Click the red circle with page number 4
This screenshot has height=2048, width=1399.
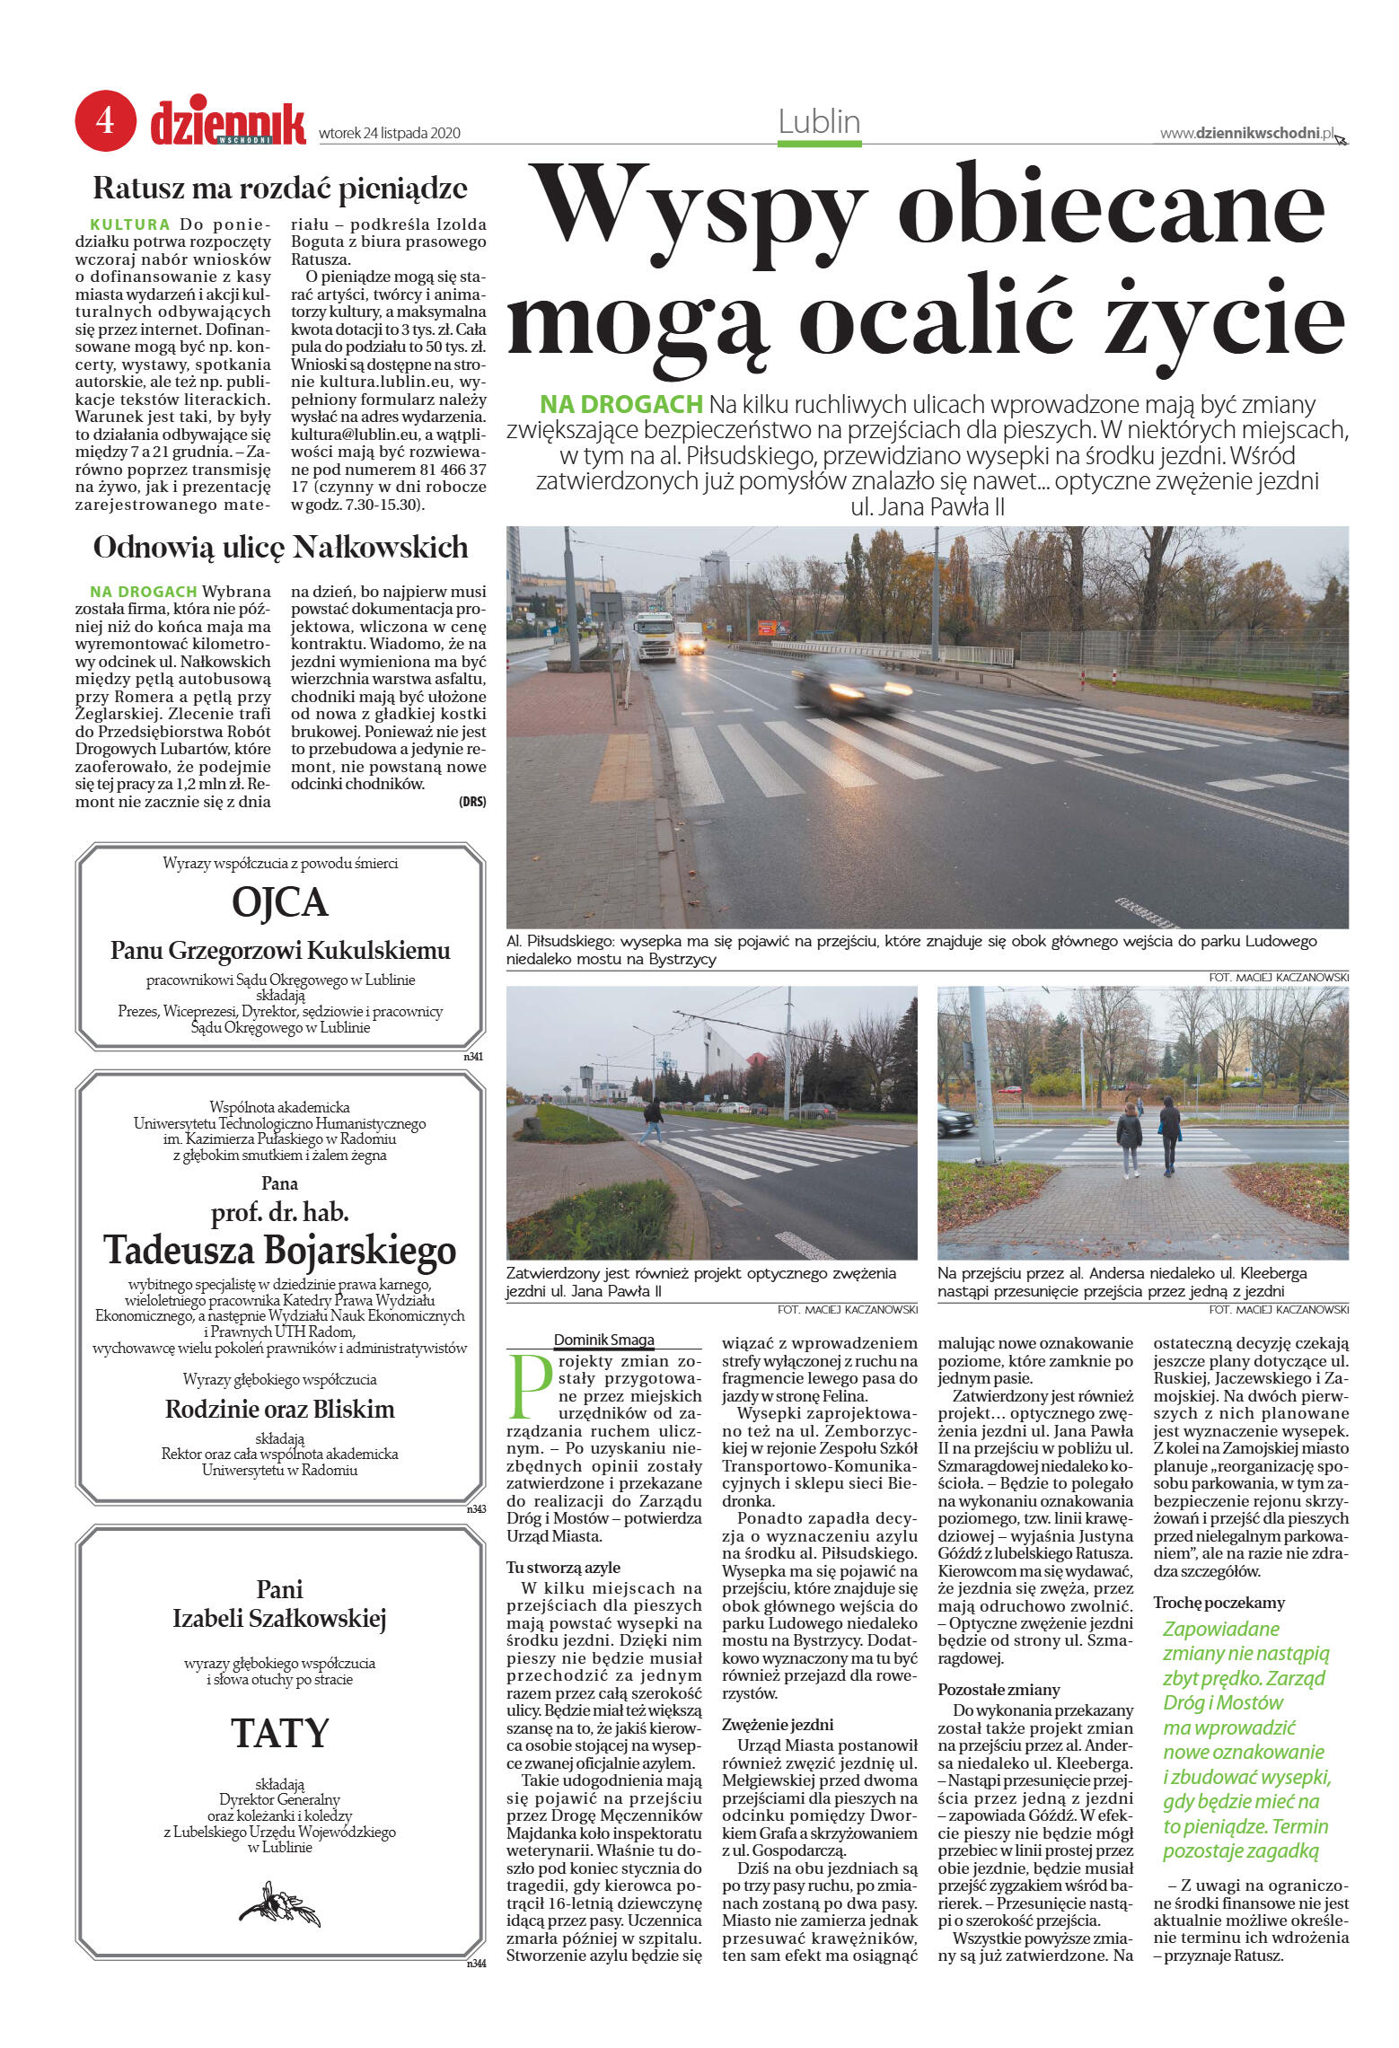105,120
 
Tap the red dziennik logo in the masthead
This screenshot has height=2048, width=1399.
228,124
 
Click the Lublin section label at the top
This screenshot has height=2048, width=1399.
819,122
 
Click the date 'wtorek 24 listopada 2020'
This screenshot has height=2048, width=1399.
390,134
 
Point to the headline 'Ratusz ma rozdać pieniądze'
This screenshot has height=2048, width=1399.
280,189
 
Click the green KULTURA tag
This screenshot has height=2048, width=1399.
130,224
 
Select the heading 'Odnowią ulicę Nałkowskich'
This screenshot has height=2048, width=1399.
280,547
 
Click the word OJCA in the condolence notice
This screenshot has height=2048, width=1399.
280,901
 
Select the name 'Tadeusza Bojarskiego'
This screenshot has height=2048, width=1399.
280,1250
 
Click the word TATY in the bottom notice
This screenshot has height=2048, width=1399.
280,1733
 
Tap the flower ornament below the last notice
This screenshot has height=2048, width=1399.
279,1904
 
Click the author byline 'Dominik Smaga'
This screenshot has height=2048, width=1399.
603,1340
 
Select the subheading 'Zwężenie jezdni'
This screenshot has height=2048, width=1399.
778,1724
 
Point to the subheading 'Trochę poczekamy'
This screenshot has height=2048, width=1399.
1219,1602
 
